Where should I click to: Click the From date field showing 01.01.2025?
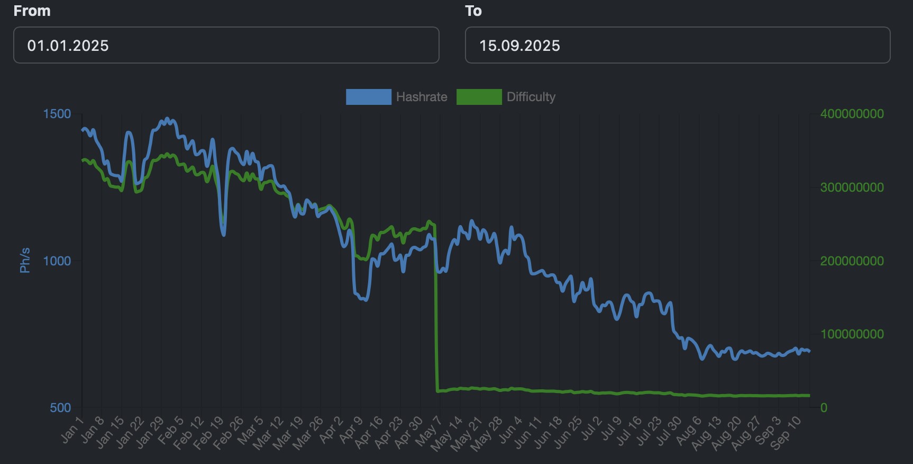point(226,46)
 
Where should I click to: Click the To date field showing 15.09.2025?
point(677,46)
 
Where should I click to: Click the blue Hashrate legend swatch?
point(368,97)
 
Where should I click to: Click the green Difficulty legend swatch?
point(479,97)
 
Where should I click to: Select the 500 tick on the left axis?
point(60,408)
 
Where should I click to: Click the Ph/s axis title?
point(25,260)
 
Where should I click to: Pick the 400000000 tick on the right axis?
point(852,114)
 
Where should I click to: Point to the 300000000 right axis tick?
point(852,188)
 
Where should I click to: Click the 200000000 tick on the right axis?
point(852,261)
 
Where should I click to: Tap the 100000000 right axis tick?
point(852,334)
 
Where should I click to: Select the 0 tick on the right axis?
point(824,408)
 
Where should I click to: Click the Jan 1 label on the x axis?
point(72,430)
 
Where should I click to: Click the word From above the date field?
point(32,11)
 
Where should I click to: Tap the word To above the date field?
point(473,11)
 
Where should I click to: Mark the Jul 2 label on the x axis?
point(591,429)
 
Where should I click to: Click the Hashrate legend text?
point(422,97)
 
